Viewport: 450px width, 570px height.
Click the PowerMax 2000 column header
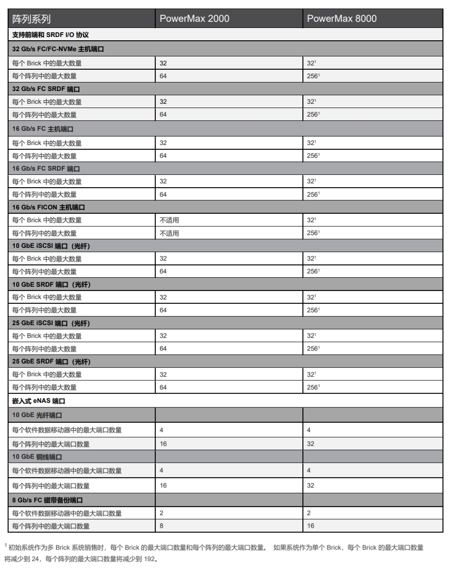click(194, 19)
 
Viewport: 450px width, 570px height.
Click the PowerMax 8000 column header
click(341, 19)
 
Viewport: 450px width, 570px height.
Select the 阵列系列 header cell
click(31, 19)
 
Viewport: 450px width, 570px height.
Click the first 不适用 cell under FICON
click(169, 220)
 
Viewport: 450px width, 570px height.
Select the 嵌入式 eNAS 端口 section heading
click(38, 401)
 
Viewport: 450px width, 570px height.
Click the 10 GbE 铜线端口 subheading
click(37, 457)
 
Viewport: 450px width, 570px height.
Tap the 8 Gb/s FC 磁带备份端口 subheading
click(49, 500)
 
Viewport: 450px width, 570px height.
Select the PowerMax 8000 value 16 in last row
click(310, 526)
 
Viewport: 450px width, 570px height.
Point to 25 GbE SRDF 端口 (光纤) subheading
click(51, 362)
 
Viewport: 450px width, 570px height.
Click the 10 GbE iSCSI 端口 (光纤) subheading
click(51, 246)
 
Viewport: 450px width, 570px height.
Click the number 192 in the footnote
click(150, 559)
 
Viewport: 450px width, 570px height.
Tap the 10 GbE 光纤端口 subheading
click(37, 415)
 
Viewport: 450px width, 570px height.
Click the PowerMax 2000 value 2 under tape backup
click(161, 513)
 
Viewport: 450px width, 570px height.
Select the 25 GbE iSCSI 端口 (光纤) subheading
click(51, 323)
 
